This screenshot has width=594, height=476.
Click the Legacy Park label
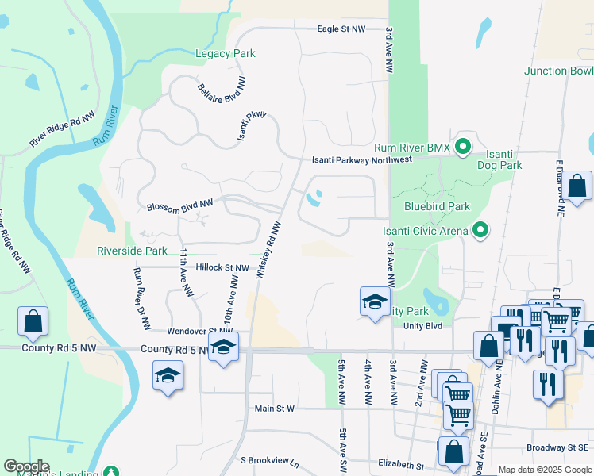click(x=226, y=54)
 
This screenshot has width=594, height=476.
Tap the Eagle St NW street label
click(x=341, y=29)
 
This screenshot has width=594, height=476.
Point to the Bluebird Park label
click(x=437, y=207)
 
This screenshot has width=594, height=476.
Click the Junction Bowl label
click(x=558, y=71)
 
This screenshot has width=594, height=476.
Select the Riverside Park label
click(x=132, y=251)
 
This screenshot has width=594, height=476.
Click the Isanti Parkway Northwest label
click(x=361, y=159)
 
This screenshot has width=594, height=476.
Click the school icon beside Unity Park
click(x=375, y=301)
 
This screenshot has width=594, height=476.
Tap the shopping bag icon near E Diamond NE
click(x=579, y=186)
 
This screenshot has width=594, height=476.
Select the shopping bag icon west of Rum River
click(x=33, y=321)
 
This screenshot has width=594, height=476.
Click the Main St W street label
click(x=274, y=409)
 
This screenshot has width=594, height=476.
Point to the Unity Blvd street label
click(x=422, y=325)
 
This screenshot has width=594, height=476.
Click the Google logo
click(x=26, y=466)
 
